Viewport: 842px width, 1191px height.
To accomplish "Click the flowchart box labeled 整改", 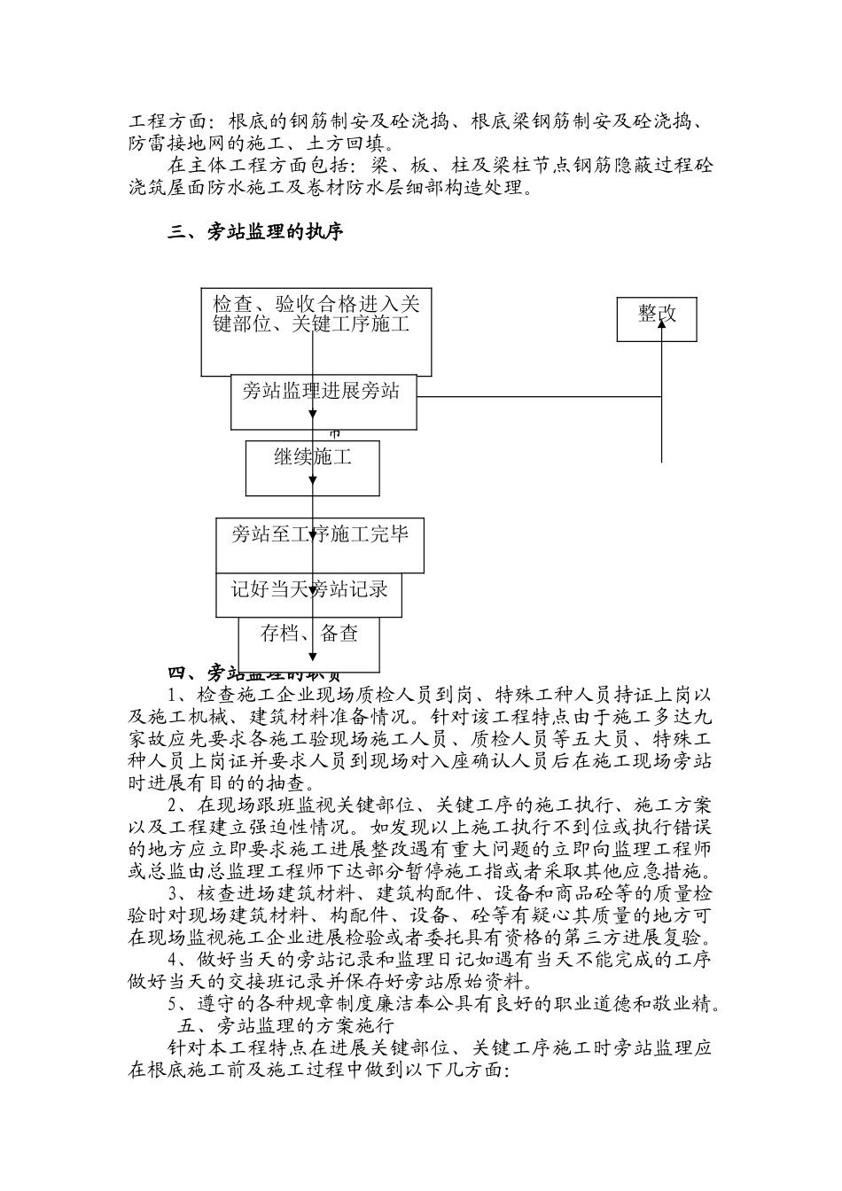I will click(657, 319).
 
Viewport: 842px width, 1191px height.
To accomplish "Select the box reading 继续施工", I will click(312, 467).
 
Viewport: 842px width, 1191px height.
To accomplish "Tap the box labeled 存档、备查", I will click(308, 642).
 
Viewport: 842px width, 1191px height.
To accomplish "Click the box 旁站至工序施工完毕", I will click(319, 544).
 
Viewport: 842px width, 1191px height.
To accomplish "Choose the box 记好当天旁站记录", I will click(308, 595).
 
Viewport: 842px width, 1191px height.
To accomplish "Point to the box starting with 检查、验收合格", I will click(316, 331).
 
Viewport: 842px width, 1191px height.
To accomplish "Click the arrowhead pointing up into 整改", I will click(661, 313).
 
